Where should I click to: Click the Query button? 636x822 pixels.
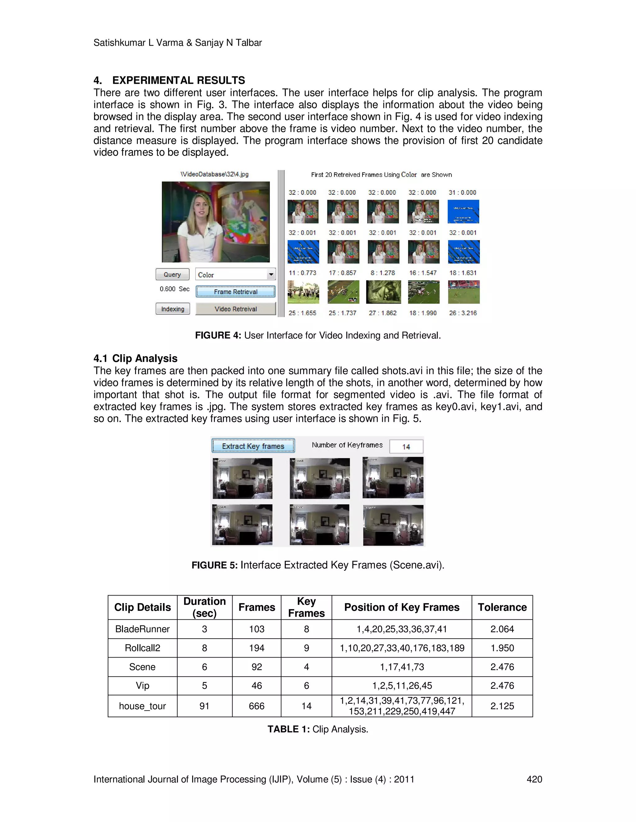(172, 275)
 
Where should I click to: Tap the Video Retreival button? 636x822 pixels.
(235, 309)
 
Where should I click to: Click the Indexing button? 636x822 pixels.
(173, 309)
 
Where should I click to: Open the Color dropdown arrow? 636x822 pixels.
(271, 275)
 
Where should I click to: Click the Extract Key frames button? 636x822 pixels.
(253, 446)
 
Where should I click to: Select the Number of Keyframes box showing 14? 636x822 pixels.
(406, 447)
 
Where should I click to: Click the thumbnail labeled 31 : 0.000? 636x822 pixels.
(463, 212)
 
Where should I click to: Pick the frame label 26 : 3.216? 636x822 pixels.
(463, 313)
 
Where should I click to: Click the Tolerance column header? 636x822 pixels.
(502, 607)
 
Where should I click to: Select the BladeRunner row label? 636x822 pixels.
(143, 629)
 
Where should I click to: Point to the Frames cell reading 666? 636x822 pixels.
(257, 706)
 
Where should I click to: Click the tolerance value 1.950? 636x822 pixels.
(502, 648)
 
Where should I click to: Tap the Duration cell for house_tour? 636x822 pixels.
(204, 706)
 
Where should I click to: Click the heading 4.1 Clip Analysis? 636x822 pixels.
(135, 358)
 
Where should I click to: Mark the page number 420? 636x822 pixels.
(534, 779)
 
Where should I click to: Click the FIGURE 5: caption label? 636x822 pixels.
(214, 565)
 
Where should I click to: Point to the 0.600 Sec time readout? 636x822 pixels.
(174, 289)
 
